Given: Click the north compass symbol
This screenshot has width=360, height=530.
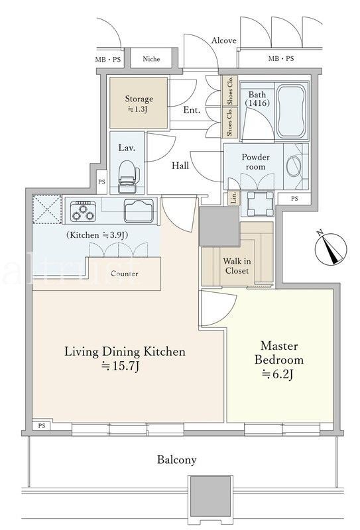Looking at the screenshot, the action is click(331, 248).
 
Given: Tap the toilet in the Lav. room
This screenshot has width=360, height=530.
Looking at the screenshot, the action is click(129, 176).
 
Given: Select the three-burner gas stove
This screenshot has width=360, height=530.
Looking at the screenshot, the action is click(83, 211).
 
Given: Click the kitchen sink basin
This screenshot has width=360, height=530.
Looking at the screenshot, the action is click(139, 211).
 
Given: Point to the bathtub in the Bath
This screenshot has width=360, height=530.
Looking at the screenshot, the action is click(292, 111).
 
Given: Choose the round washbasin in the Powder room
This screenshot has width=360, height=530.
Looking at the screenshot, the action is click(294, 166).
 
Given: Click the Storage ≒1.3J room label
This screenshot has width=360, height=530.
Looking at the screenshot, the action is click(139, 104).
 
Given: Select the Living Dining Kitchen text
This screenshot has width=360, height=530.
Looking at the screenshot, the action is click(125, 352).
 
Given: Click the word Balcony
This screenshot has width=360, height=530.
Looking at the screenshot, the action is click(176, 460).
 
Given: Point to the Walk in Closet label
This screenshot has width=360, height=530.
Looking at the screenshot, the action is click(237, 266).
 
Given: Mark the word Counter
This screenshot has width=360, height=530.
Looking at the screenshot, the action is click(125, 274).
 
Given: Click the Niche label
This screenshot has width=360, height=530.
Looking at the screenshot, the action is click(151, 59).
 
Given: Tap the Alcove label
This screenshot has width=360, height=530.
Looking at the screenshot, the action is click(223, 40).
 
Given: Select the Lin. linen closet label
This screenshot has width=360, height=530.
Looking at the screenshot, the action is click(234, 198).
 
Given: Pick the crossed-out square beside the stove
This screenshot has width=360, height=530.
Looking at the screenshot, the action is click(47, 209).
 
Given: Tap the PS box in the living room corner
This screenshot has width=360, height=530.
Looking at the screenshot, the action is click(42, 426).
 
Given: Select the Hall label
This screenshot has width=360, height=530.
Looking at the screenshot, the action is click(180, 166).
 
